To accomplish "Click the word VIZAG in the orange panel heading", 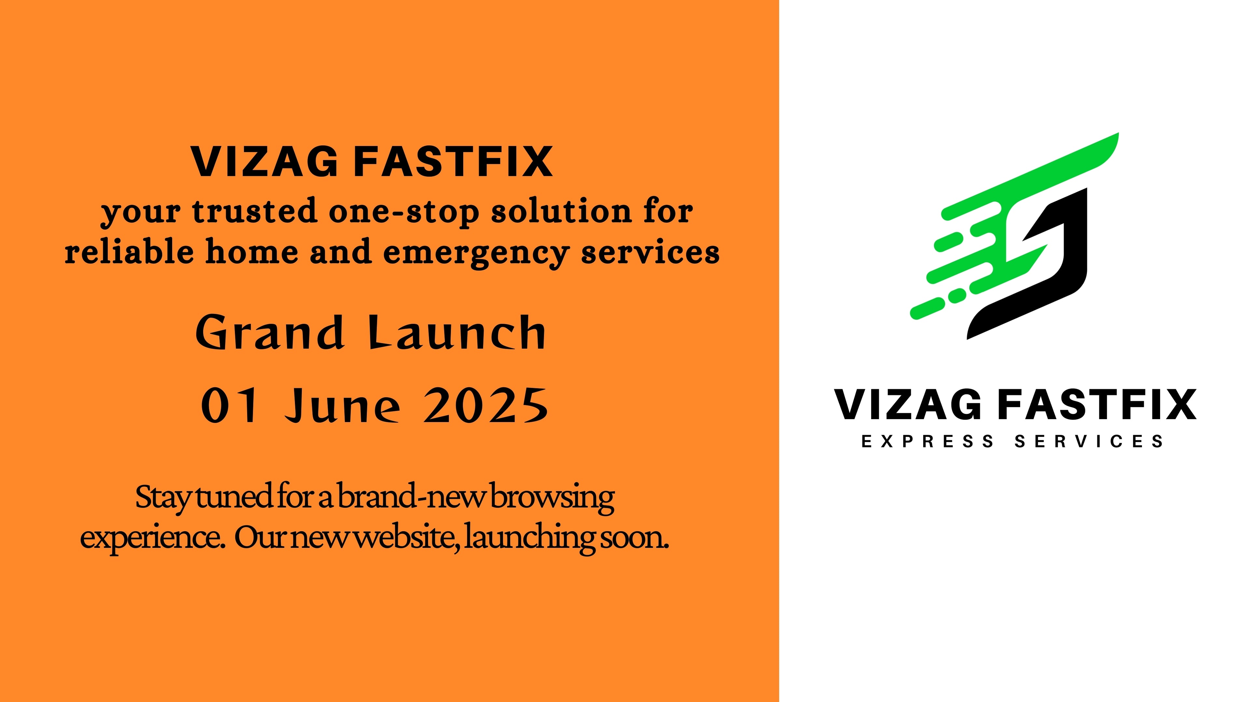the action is [x=264, y=162].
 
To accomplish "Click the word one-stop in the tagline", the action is [x=404, y=212].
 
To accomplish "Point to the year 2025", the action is [x=486, y=405].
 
